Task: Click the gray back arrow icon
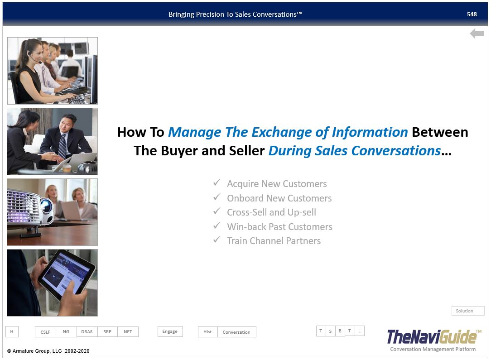click(477, 33)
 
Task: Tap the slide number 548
click(472, 14)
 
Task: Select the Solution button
click(468, 311)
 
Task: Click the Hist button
click(207, 332)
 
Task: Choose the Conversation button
click(236, 332)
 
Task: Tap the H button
click(12, 332)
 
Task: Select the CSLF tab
click(45, 332)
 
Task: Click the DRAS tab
click(87, 332)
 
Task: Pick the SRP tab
click(107, 332)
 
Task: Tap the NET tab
click(128, 332)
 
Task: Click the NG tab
click(66, 332)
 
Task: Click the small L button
click(360, 331)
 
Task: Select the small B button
click(340, 331)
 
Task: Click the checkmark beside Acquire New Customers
click(217, 182)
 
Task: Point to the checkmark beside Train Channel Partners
click(217, 240)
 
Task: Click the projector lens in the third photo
click(46, 206)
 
